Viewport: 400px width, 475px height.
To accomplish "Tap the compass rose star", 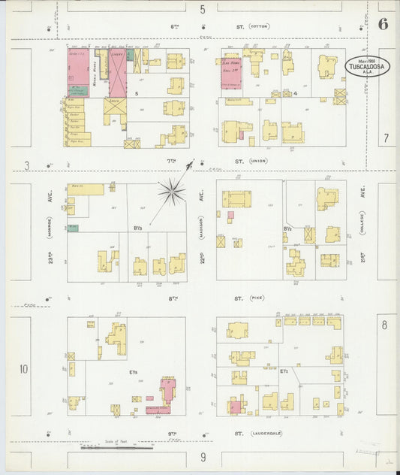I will point(172,192).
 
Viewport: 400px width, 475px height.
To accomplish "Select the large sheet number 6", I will point(383,23).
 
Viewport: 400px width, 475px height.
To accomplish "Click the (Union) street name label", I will point(259,160).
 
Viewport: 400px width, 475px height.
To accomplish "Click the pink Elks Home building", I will point(230,73).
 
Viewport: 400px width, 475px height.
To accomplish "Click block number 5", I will point(136,93).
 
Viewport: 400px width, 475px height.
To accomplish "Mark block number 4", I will point(296,93).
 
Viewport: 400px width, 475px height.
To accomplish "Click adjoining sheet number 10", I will point(23,368).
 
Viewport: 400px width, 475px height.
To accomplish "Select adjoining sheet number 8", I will point(384,325).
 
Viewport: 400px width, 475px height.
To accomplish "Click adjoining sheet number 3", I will point(26,165).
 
